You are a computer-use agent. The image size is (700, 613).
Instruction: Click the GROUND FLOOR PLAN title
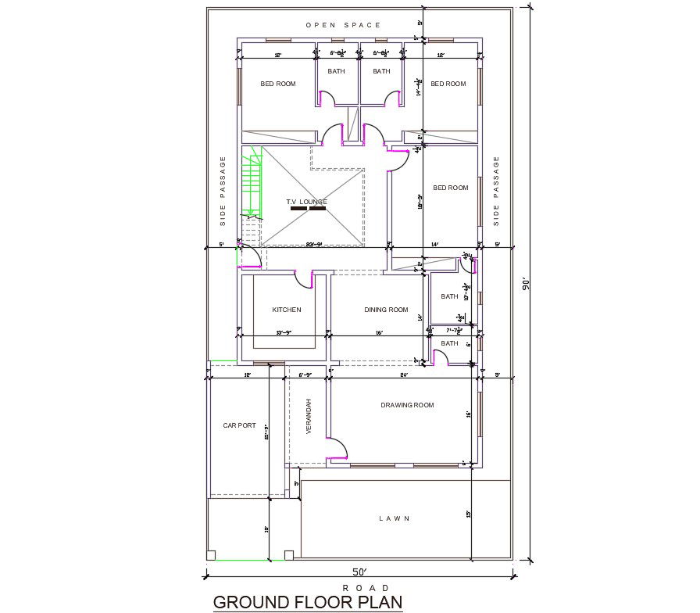[x=308, y=602]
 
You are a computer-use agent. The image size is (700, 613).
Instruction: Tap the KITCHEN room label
[x=287, y=310]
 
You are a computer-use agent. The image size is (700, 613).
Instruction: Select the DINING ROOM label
[x=386, y=310]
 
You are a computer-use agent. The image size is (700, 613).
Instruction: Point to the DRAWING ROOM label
[x=407, y=405]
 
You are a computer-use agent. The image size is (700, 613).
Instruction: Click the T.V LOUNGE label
[x=306, y=202]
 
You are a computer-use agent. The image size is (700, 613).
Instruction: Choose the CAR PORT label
[x=239, y=425]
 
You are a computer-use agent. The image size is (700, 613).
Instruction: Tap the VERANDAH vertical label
[x=309, y=417]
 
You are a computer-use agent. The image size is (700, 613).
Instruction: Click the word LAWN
[x=395, y=518]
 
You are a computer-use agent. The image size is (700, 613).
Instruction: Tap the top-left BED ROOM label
[x=278, y=84]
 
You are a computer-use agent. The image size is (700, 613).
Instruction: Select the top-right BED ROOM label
[x=448, y=84]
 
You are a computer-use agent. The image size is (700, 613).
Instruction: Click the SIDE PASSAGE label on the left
[x=223, y=192]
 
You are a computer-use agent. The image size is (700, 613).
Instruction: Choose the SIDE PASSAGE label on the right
[x=496, y=192]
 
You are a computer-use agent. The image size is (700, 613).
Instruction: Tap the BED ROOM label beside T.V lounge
[x=451, y=188]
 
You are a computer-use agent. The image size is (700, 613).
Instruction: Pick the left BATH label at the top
[x=336, y=71]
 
